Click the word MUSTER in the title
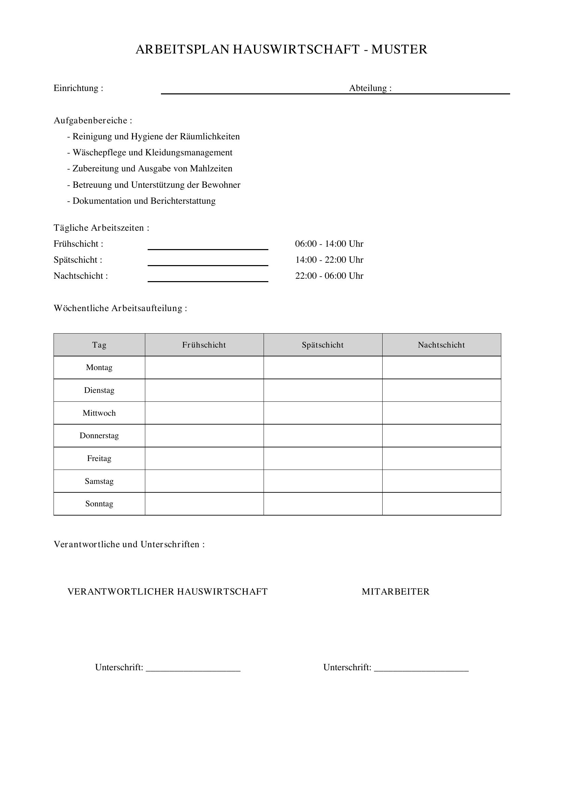pyautogui.click(x=399, y=49)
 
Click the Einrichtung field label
pyautogui.click(x=78, y=88)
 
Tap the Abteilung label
pyautogui.click(x=370, y=88)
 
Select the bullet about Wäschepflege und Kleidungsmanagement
pyautogui.click(x=150, y=152)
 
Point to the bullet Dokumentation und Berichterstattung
pyautogui.click(x=142, y=201)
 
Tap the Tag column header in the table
pyautogui.click(x=99, y=345)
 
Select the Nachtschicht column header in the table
pyautogui.click(x=441, y=345)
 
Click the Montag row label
pyautogui.click(x=99, y=368)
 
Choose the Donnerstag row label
pyautogui.click(x=99, y=436)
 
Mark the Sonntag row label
pyautogui.click(x=99, y=504)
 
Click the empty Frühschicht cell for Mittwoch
pyautogui.click(x=204, y=413)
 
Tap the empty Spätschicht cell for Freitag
pyautogui.click(x=323, y=459)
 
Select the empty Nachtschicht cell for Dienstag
pyautogui.click(x=441, y=390)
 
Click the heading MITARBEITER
pyautogui.click(x=396, y=592)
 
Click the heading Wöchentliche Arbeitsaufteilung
pyautogui.click(x=120, y=308)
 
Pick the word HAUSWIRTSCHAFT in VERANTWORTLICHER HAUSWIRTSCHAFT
pyautogui.click(x=222, y=592)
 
